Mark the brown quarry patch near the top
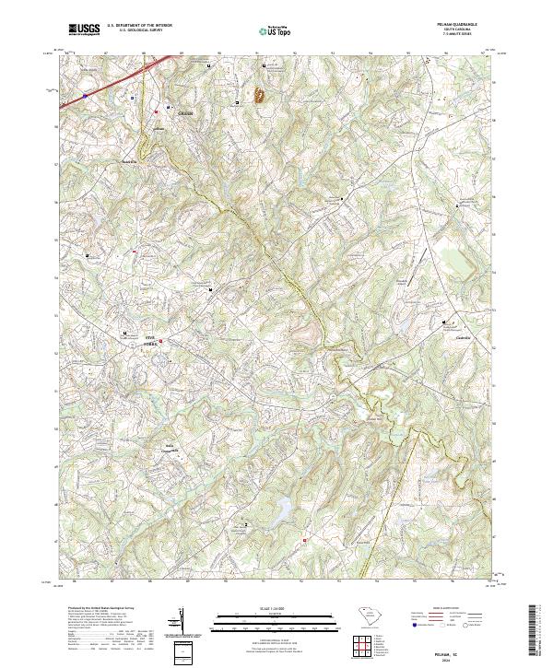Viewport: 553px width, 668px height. click(258, 95)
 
